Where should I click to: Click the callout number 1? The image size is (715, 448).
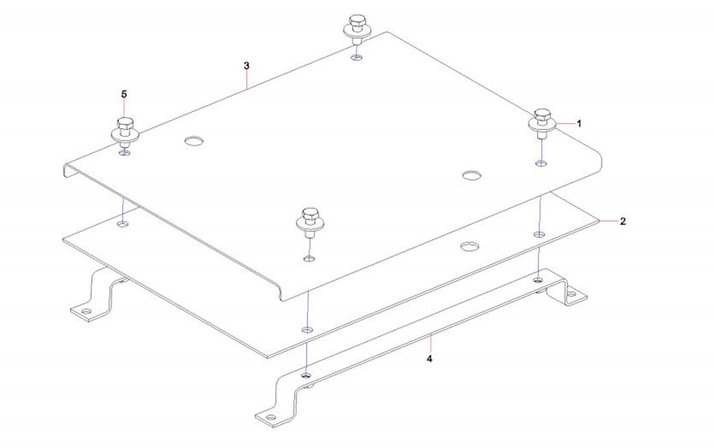point(579,123)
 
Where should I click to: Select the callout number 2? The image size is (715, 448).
point(623,222)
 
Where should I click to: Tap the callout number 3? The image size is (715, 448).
point(247,66)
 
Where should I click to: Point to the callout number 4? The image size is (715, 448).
point(429,359)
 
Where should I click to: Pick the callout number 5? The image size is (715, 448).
point(124,94)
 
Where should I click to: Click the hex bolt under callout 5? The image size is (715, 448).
point(125,132)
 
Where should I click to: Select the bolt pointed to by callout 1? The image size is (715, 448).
point(542,123)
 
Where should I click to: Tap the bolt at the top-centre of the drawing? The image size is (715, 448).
point(357,29)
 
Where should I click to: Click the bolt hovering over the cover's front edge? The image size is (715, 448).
point(309,224)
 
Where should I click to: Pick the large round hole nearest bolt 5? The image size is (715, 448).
point(194,140)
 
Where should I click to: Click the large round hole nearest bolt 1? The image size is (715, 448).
point(472,175)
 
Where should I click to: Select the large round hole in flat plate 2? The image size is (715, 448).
point(469,246)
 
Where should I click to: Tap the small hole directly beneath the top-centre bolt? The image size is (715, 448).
point(357,57)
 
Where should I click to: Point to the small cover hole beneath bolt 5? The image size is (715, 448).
point(125,153)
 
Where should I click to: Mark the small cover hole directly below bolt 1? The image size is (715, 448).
point(541,163)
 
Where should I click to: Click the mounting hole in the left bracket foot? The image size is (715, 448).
point(86,312)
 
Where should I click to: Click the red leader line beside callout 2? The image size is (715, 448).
point(608,222)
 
